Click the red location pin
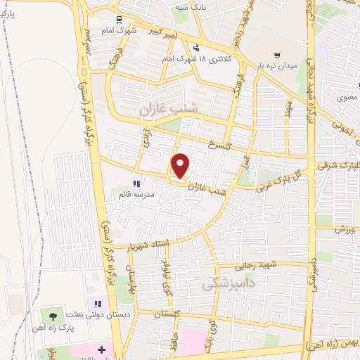click(x=181, y=166)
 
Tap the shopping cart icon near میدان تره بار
click(x=277, y=55)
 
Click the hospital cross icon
click(x=101, y=349)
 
